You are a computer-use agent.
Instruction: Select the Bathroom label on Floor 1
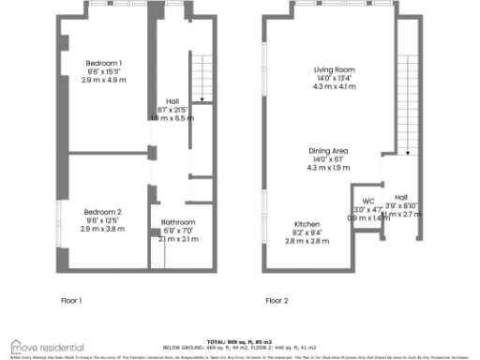tap(172, 222)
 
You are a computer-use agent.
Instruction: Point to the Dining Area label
tap(330, 151)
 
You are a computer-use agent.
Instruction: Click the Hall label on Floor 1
tap(172, 101)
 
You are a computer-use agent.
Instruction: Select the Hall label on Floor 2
tap(400, 197)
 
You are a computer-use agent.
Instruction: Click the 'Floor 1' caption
tap(72, 301)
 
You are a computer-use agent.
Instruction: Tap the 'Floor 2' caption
tap(277, 301)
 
